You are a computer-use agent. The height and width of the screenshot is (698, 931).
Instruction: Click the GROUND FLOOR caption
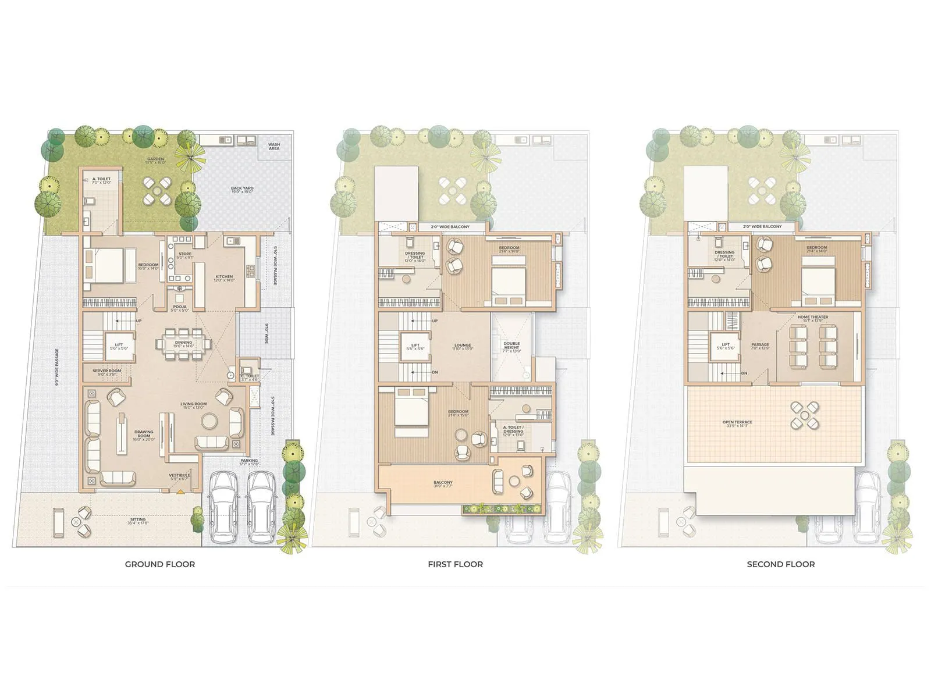tap(160, 564)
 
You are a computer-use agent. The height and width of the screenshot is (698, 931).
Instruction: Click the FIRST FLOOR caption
tap(455, 564)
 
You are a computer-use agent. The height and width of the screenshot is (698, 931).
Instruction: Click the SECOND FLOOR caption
tap(780, 564)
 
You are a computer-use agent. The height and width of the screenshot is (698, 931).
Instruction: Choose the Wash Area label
tap(273, 146)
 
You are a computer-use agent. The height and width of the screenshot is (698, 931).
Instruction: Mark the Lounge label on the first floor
tap(463, 347)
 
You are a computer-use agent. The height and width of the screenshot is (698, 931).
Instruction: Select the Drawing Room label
tap(144, 434)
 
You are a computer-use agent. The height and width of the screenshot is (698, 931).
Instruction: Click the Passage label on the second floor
tap(760, 346)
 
